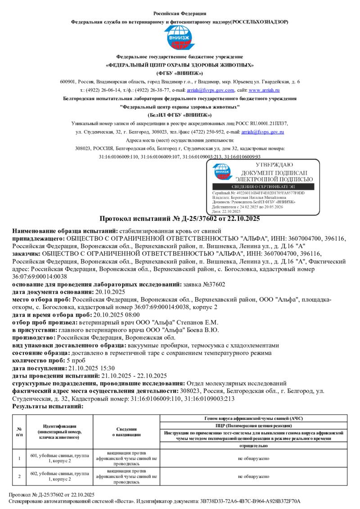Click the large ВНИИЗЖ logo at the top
[180, 38]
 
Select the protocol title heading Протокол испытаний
[180, 219]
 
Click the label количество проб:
[38, 361]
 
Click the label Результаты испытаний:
[48, 406]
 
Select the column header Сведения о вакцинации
[126, 432]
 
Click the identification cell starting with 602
[59, 476]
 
